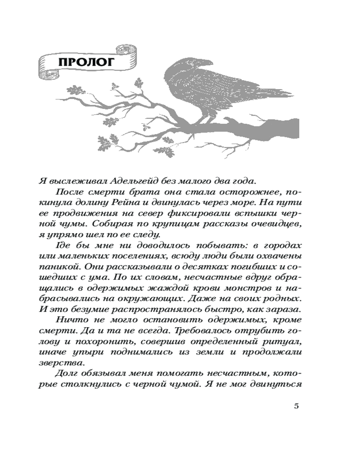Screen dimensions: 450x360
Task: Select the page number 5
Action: pyautogui.click(x=296, y=406)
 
